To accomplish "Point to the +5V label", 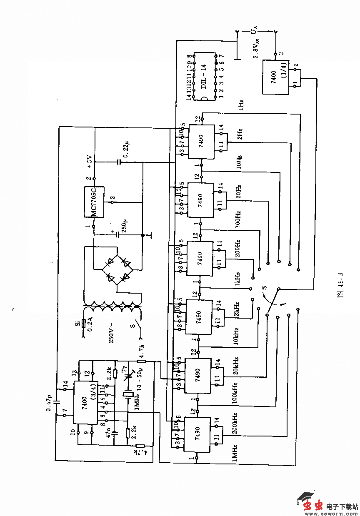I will (89, 161).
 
